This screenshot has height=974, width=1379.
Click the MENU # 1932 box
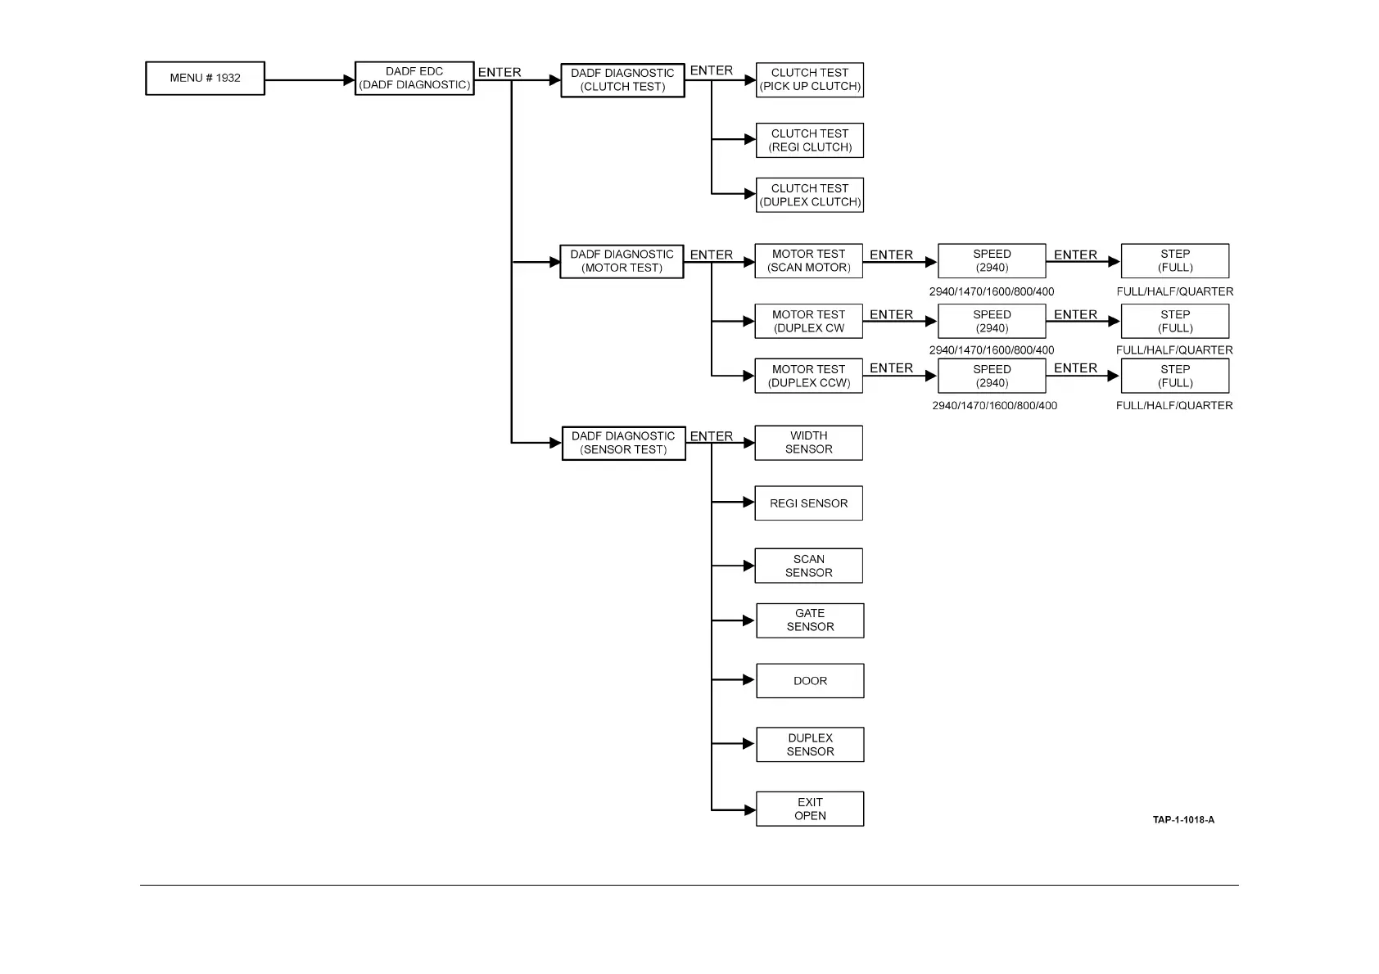point(205,79)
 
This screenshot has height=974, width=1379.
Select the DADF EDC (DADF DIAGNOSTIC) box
point(414,79)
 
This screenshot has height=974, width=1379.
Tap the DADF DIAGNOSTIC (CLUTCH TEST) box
point(622,80)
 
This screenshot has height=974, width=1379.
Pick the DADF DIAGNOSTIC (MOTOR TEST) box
point(622,261)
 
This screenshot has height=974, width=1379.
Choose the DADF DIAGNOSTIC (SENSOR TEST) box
point(623,443)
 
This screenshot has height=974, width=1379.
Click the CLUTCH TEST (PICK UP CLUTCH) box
point(810,80)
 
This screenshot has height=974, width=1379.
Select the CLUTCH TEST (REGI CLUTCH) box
point(810,141)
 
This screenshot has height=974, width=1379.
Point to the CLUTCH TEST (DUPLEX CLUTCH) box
point(810,195)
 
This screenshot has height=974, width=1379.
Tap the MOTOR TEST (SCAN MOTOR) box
point(808,261)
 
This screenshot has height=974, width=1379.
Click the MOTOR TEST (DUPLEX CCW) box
point(808,376)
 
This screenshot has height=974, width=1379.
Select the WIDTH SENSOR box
point(808,443)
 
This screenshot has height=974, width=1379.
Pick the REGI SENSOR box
point(808,503)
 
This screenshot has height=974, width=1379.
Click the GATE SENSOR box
point(810,620)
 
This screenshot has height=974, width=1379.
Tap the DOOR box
point(810,681)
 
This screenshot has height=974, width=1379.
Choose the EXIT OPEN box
point(810,809)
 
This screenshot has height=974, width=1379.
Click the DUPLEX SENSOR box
point(810,745)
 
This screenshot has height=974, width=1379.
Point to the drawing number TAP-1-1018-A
point(1183,820)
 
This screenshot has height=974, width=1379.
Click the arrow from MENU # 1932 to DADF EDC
point(310,80)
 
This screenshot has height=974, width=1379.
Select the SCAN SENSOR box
point(808,566)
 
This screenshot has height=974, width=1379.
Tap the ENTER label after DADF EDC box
point(500,72)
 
